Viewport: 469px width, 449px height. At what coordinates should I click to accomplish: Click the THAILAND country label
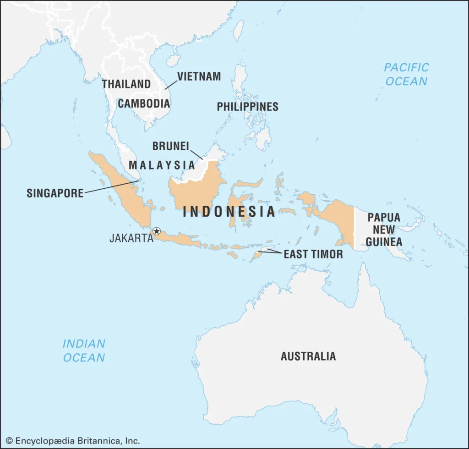pyautogui.click(x=126, y=84)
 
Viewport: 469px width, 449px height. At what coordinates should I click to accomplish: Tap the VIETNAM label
pyautogui.click(x=199, y=77)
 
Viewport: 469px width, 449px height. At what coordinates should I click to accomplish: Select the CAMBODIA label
pyautogui.click(x=144, y=104)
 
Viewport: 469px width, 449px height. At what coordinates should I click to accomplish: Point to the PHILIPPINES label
pyautogui.click(x=247, y=107)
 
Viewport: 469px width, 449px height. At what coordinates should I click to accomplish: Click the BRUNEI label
pyautogui.click(x=170, y=146)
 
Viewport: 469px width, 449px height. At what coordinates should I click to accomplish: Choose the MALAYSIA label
pyautogui.click(x=162, y=165)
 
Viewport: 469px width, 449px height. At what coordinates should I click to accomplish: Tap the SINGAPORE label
pyautogui.click(x=55, y=193)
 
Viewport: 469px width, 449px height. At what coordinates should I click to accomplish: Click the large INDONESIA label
pyautogui.click(x=229, y=211)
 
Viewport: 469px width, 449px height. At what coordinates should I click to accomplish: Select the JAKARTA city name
pyautogui.click(x=131, y=238)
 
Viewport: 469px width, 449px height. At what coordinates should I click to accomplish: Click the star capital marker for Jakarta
pyautogui.click(x=157, y=231)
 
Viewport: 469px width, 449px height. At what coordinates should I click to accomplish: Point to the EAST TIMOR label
pyautogui.click(x=313, y=254)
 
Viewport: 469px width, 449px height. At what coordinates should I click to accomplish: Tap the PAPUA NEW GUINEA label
pyautogui.click(x=384, y=230)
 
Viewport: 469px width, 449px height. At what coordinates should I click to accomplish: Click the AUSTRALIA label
pyautogui.click(x=308, y=356)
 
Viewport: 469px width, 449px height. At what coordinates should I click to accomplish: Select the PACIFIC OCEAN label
pyautogui.click(x=406, y=74)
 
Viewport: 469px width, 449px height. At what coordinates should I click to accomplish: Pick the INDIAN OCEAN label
pyautogui.click(x=84, y=350)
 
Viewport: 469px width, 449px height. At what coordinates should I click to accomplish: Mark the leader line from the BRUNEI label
pyautogui.click(x=196, y=153)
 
